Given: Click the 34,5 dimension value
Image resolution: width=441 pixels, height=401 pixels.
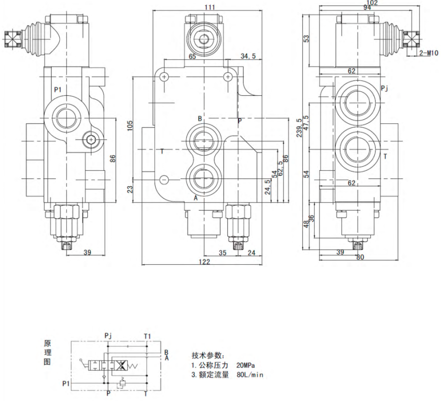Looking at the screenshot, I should coord(247,56).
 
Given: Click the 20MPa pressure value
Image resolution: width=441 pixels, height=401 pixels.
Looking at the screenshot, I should coord(245,365).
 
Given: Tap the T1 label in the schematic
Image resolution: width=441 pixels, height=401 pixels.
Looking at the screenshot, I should coord(148,336).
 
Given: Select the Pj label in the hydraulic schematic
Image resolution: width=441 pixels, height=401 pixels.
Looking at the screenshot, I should coord(109,336).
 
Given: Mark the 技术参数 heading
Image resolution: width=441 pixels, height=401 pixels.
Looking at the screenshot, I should coord(207,355).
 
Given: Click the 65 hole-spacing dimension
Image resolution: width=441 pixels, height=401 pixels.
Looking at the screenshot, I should coord(192,57).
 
